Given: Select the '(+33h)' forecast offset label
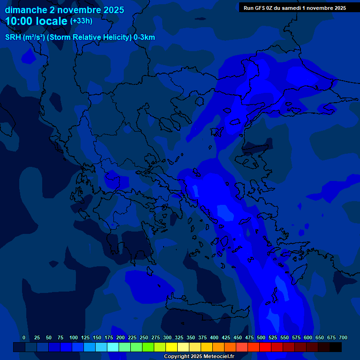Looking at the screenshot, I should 81,21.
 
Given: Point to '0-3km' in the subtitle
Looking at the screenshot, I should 144,37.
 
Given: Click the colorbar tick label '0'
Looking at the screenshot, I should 24,337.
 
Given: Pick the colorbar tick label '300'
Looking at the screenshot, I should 167,337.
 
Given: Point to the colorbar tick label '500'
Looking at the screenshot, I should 261,337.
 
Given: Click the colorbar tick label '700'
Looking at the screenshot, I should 343,337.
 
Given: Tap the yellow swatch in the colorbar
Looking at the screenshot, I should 172,347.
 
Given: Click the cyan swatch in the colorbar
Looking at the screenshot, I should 113,347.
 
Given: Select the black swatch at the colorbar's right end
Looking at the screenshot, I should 336,347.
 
